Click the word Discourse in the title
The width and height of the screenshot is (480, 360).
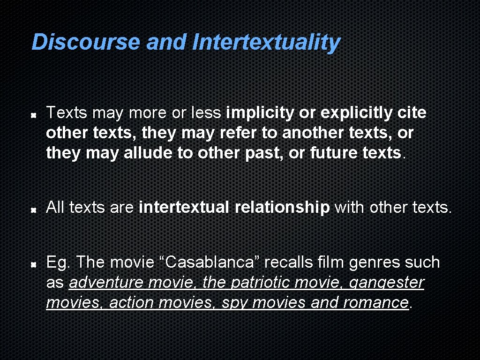coord(86,42)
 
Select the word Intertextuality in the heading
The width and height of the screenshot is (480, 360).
coord(266,42)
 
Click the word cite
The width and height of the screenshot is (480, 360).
coord(412,113)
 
